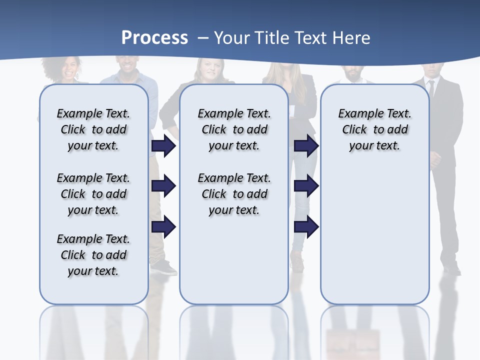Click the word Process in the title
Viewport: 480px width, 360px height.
(154, 38)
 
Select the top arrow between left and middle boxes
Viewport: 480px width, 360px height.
(163, 145)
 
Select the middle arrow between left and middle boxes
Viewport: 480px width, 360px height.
(163, 186)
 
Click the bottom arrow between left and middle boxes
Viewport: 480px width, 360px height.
(163, 227)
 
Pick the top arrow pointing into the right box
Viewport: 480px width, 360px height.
(306, 145)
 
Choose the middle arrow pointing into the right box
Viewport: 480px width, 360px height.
(306, 186)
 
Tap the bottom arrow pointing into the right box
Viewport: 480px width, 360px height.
(306, 227)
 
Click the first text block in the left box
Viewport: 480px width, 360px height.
(93, 129)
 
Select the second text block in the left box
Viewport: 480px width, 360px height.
(93, 194)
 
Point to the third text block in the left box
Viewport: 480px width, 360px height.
(93, 255)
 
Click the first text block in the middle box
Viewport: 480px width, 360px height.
(234, 129)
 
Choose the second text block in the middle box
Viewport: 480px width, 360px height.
(234, 194)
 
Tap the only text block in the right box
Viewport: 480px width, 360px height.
(374, 129)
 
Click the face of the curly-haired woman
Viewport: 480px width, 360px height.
(70, 69)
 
